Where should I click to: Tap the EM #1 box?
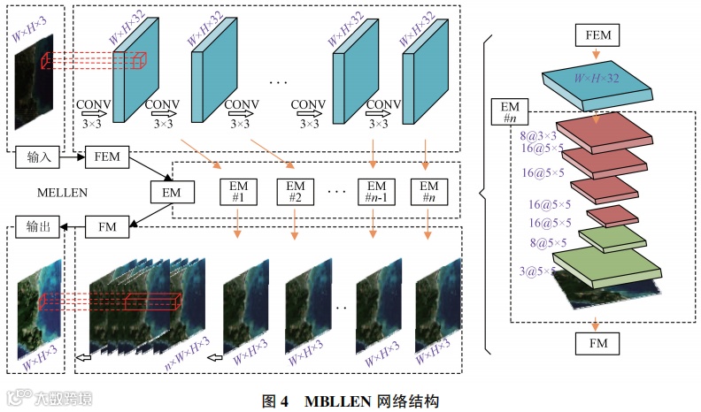click(x=239, y=192)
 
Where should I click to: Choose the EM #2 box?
click(x=296, y=192)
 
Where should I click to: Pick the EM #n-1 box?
click(x=376, y=192)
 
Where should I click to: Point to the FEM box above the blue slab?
click(x=597, y=34)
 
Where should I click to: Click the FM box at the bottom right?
click(x=597, y=340)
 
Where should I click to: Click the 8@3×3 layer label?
click(x=537, y=137)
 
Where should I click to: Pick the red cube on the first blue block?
click(x=138, y=61)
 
